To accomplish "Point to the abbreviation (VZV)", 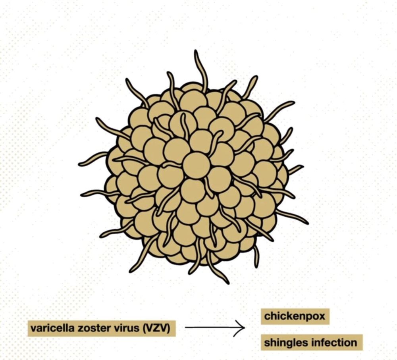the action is (156, 328).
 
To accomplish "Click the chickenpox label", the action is (295, 316).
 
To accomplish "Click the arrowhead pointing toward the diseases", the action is (241, 327).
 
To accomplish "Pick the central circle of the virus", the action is (196, 166).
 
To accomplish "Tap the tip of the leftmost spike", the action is (79, 165).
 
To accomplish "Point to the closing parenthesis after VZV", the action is (168, 329).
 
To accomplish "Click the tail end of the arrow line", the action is (185, 327).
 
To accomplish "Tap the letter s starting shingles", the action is (267, 343).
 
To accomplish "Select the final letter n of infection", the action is (354, 343).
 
